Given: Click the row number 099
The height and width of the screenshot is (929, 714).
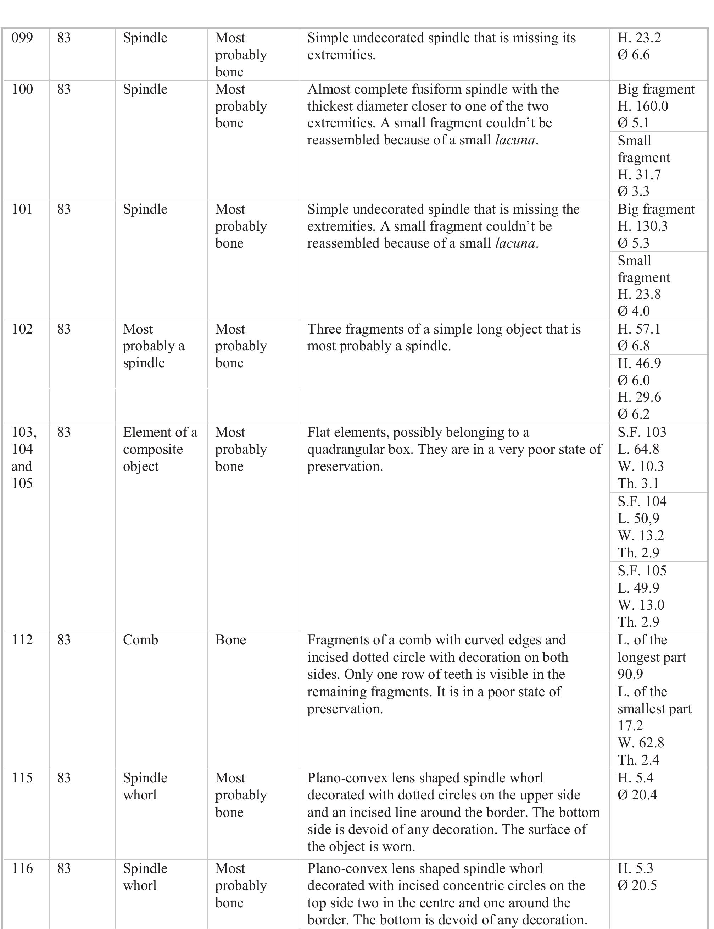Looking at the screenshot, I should (x=22, y=38).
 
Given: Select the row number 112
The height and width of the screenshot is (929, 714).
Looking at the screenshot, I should (x=22, y=640).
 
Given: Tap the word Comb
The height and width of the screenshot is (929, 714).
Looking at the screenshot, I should (x=140, y=640).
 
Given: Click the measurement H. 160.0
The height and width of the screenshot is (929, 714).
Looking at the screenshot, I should (x=643, y=106).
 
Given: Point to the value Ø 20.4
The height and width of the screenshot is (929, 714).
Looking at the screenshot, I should (x=637, y=795).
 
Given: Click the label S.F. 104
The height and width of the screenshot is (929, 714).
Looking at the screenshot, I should (x=642, y=501).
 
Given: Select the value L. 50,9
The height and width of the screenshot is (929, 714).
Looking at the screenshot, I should (x=638, y=518).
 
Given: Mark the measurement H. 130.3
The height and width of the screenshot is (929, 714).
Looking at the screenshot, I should (x=643, y=226).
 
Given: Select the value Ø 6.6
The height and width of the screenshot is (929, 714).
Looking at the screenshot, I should (x=633, y=55).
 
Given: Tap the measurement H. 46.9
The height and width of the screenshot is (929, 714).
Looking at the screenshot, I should (x=639, y=363).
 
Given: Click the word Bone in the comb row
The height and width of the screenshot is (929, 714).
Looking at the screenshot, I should (x=230, y=640).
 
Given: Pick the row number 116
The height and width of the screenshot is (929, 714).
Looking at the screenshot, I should (x=22, y=868).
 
